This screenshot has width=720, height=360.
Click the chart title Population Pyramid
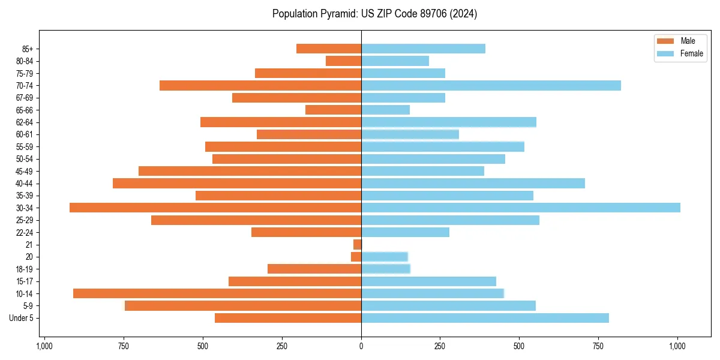374,14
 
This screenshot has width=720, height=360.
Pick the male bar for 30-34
215,208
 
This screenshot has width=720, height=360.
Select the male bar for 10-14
217,293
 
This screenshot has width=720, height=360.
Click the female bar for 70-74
491,85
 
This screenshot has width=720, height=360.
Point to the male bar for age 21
357,244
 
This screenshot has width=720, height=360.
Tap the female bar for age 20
385,257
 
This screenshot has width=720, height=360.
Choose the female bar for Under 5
485,318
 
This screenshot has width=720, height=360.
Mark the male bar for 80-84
343,61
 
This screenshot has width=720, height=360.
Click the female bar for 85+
423,49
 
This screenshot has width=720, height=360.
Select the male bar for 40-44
237,183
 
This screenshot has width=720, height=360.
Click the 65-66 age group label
24,110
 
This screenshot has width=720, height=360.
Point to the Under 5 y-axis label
21,318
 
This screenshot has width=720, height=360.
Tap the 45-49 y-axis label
24,171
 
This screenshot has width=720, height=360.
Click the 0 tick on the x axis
361,346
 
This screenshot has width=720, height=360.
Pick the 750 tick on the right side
598,346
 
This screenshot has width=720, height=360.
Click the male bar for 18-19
314,269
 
